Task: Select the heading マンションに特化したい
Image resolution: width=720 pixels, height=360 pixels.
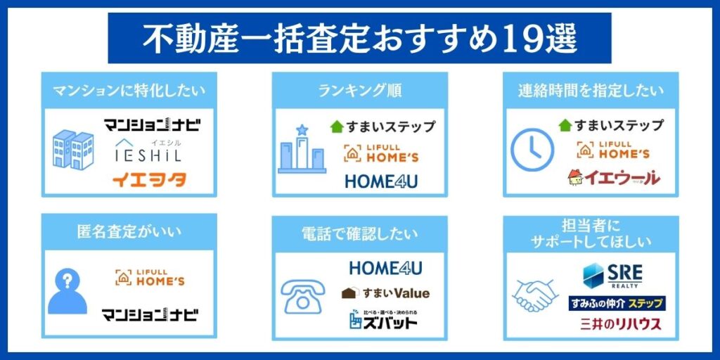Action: point(129,91)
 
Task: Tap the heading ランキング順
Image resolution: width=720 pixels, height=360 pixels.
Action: point(359,91)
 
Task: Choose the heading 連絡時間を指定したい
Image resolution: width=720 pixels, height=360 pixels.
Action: point(591,91)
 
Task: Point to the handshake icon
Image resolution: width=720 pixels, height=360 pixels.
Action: point(535,295)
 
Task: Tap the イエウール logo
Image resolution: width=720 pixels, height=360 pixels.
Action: point(614,177)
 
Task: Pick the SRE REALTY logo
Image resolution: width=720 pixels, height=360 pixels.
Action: point(612,275)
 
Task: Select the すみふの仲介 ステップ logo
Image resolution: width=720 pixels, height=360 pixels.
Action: point(617,304)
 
